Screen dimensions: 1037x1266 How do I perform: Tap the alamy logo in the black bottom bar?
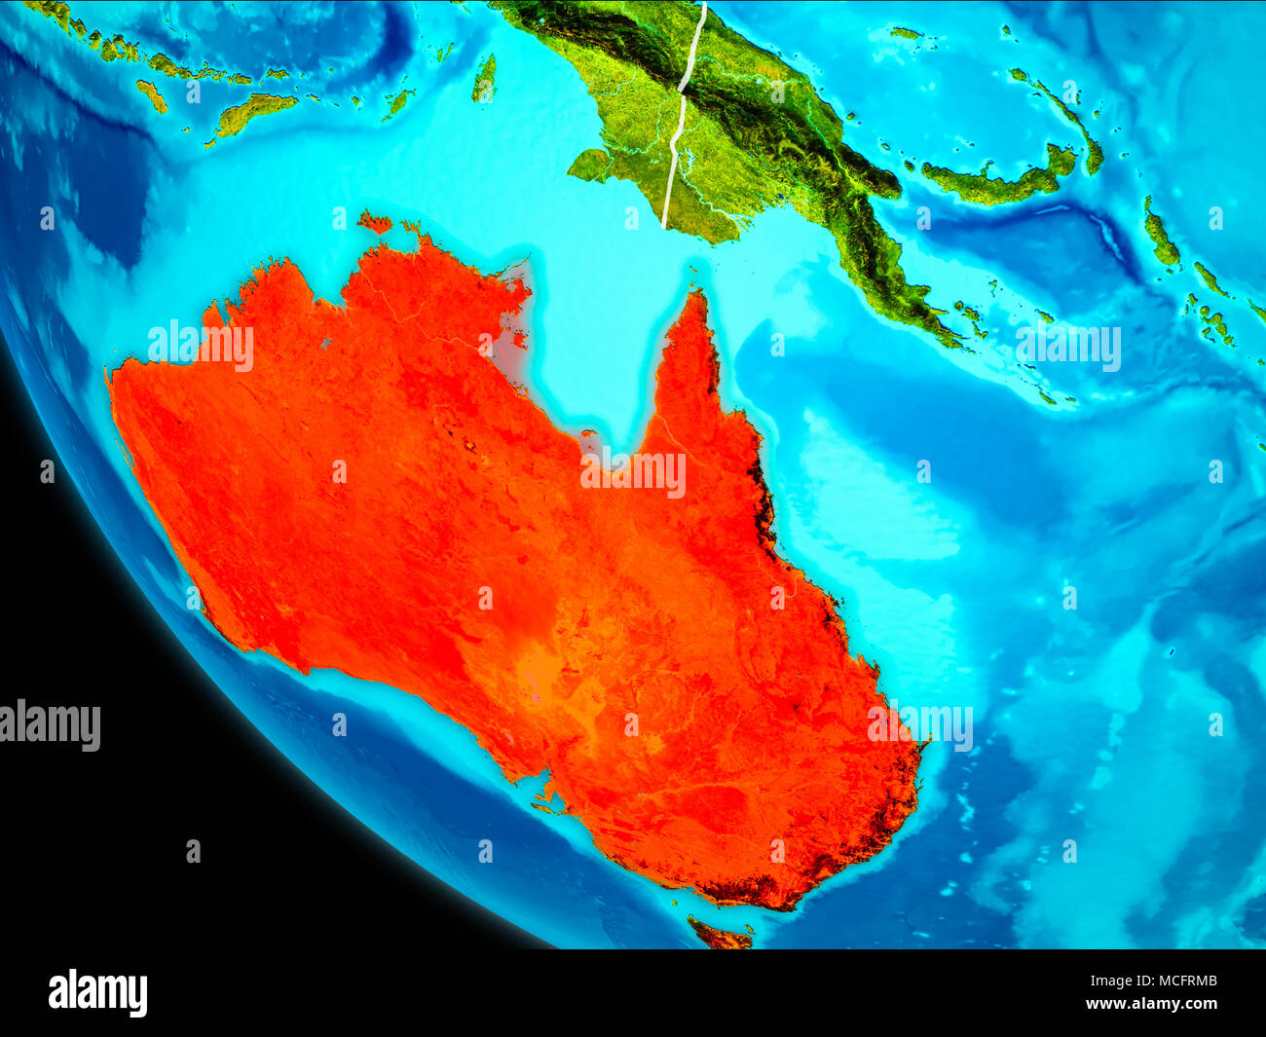[x=98, y=993]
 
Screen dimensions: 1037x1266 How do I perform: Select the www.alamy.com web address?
[x=1151, y=1004]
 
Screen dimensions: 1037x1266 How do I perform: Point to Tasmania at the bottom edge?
[x=720, y=936]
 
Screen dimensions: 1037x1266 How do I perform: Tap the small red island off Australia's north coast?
[x=374, y=223]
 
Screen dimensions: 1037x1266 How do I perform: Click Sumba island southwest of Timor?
[x=152, y=94]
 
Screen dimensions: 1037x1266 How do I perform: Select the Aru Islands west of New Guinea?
[x=484, y=78]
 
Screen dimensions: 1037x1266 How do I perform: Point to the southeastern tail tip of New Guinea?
[x=959, y=336]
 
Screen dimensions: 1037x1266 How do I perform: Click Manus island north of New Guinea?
[x=906, y=33]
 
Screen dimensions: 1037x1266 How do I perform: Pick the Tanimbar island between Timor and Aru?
[x=397, y=101]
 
